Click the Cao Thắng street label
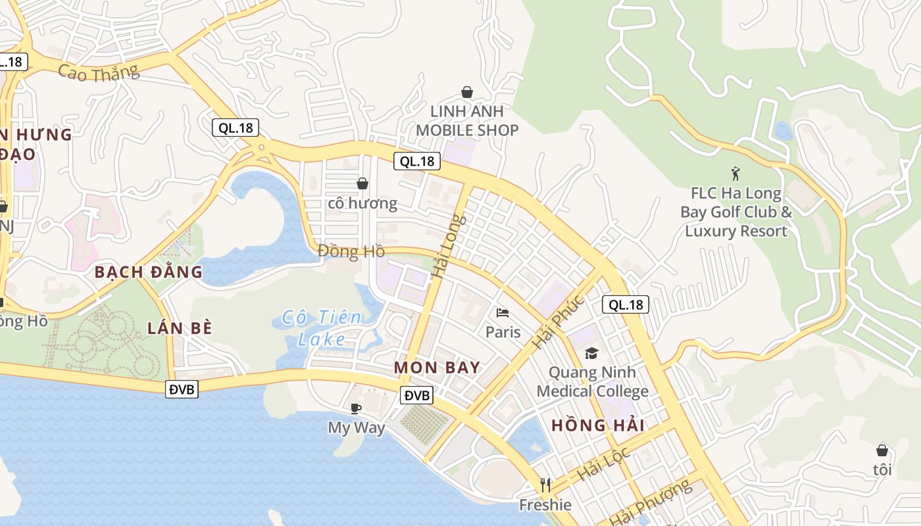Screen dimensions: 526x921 [x=99, y=72]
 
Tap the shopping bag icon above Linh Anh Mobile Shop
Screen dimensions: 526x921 [x=467, y=92]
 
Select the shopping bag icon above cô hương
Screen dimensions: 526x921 [x=362, y=183]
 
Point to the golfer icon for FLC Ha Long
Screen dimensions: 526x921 [x=735, y=174]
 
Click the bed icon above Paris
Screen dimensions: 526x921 [x=503, y=312]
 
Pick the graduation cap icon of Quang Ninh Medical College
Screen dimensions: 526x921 [x=591, y=354]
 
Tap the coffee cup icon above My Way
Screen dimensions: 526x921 [x=356, y=408]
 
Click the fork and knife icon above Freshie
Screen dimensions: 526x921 [x=545, y=485]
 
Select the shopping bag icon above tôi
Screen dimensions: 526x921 [x=882, y=450]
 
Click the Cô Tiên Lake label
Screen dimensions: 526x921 [x=322, y=328]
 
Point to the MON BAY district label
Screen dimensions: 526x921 [x=437, y=368]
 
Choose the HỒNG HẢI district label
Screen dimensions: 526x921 [x=598, y=425]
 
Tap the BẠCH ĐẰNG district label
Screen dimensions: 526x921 [x=148, y=272]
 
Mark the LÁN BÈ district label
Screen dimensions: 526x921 [x=180, y=328]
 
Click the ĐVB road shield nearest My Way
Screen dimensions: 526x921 [x=417, y=395]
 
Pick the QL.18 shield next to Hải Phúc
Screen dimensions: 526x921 [x=626, y=304]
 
